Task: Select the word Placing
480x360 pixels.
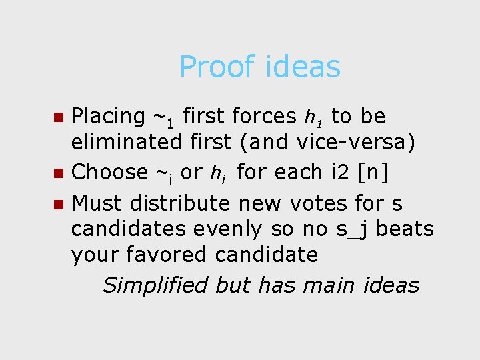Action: tap(107, 117)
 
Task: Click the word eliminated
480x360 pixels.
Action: tap(126, 143)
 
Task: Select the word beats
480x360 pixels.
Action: tap(407, 229)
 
